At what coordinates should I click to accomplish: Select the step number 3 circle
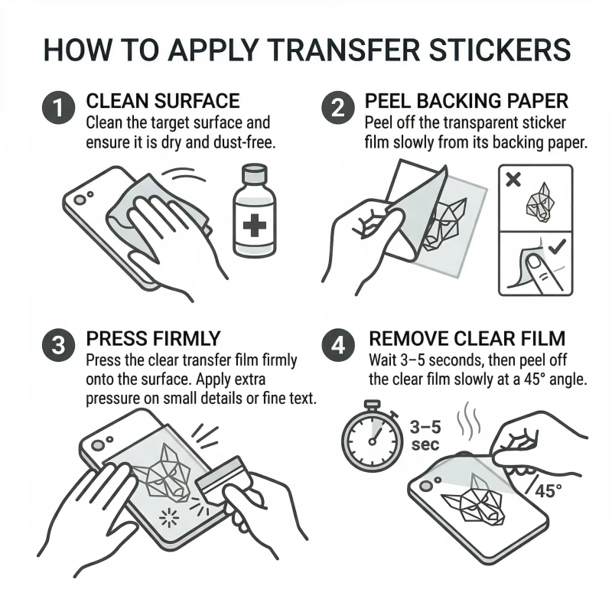(x=60, y=346)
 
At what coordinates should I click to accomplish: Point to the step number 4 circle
(x=337, y=346)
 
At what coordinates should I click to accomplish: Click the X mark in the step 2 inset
(x=514, y=181)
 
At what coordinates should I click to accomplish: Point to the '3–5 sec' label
(x=425, y=437)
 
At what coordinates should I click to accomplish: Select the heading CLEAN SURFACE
(x=163, y=101)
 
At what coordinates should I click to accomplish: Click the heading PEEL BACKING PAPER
(x=465, y=101)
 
